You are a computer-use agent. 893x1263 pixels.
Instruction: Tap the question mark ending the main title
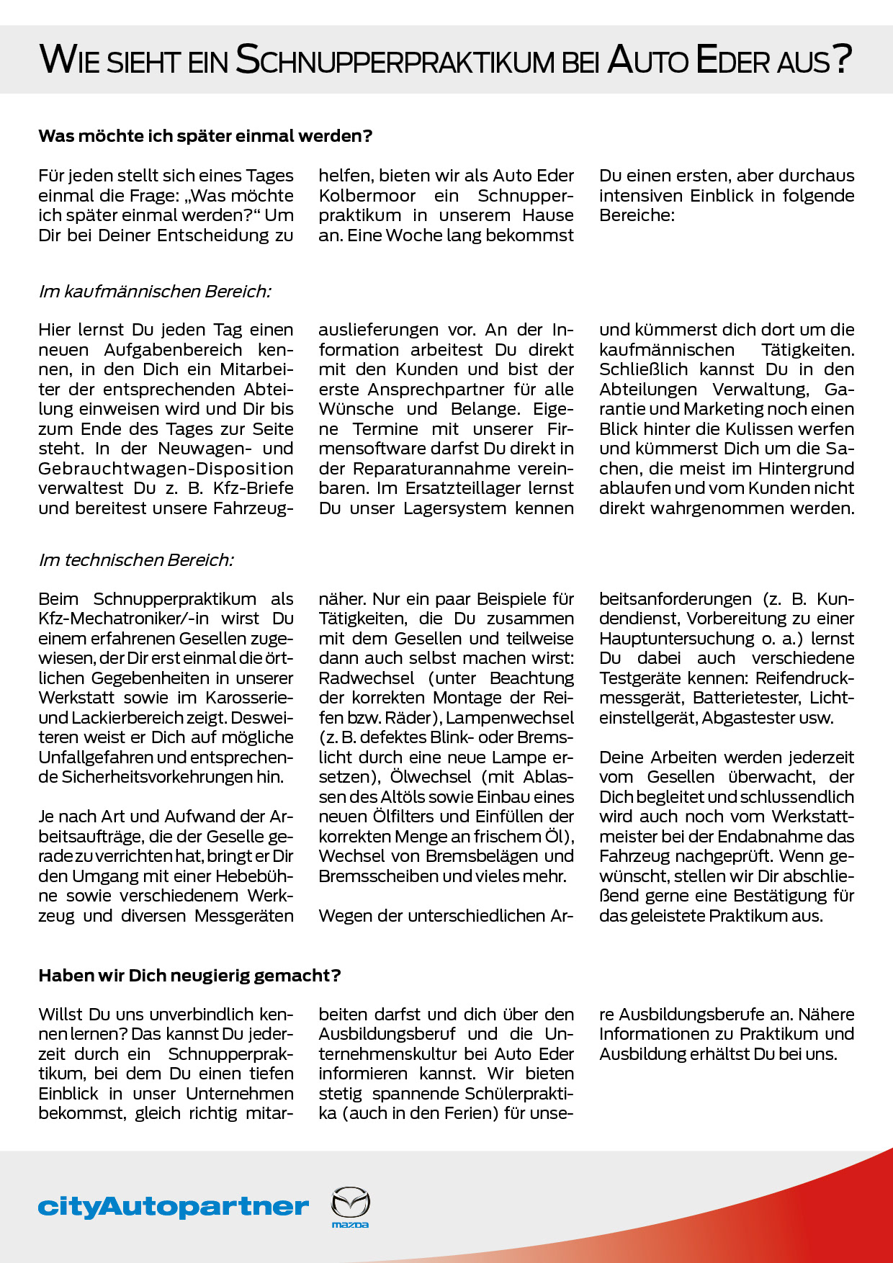point(843,59)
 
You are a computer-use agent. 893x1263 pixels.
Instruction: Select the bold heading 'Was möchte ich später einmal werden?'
point(205,136)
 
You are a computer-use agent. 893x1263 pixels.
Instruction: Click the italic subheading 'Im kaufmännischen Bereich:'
point(155,292)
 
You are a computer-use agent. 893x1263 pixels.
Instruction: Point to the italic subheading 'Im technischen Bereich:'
point(136,560)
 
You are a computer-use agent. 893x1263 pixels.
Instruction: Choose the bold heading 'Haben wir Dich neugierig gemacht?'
point(189,976)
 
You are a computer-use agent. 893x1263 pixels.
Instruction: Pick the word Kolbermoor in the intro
point(367,196)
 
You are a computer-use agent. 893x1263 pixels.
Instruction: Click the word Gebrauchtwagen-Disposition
point(166,469)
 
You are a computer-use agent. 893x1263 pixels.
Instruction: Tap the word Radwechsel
point(367,678)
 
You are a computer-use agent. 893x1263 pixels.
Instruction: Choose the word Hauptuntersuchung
point(676,639)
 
